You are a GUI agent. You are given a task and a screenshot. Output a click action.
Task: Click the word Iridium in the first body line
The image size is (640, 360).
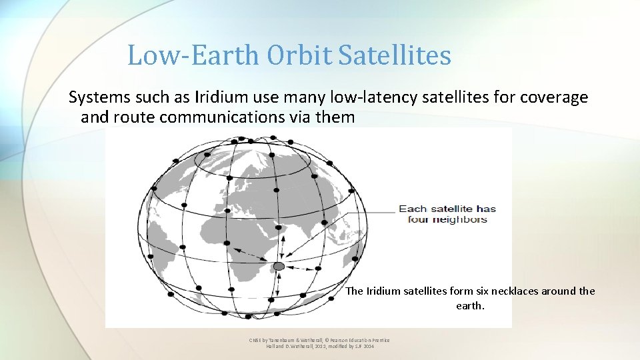click(217, 98)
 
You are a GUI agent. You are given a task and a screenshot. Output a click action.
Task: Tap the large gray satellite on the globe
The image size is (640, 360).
click(279, 266)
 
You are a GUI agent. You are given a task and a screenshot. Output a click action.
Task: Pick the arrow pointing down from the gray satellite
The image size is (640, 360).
click(278, 283)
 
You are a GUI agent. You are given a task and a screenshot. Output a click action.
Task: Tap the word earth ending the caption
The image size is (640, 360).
click(471, 306)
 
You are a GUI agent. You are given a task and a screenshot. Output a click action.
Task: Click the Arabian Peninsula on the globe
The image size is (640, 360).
click(263, 223)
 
